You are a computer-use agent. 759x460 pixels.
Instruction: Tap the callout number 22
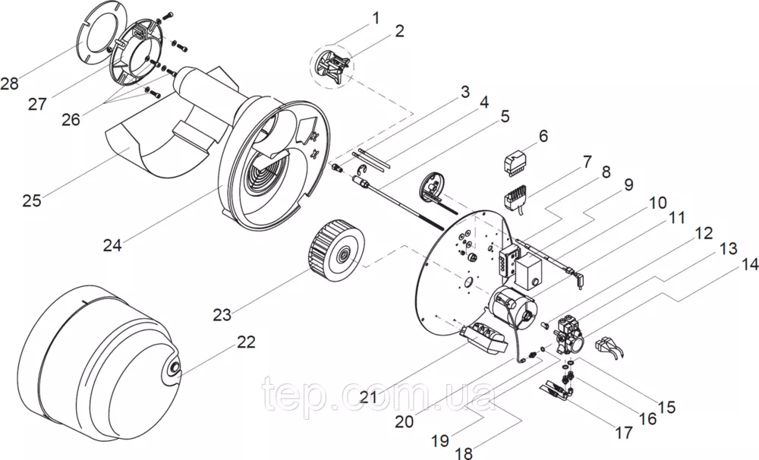[246, 342]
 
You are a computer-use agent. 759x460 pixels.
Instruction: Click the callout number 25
[32, 200]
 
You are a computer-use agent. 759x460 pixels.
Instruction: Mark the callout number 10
[657, 203]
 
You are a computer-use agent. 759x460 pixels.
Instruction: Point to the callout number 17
[623, 434]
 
